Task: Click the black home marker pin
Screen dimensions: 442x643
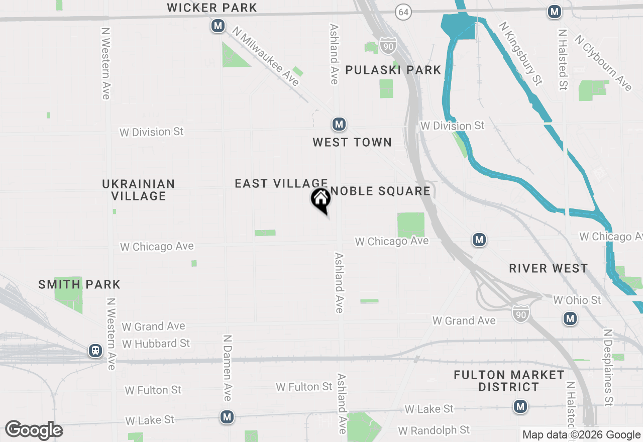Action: click(x=321, y=200)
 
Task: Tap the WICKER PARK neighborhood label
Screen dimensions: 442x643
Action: click(x=212, y=8)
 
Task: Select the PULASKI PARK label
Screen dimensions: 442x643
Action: click(x=393, y=70)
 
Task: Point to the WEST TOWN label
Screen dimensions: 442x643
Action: click(x=352, y=143)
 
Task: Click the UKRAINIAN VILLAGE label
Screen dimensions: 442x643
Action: click(x=139, y=190)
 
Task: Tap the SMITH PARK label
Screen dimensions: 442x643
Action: click(x=79, y=285)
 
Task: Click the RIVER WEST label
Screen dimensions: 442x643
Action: click(x=548, y=268)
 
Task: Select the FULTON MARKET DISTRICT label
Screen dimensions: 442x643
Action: click(x=509, y=381)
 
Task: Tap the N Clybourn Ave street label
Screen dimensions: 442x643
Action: click(x=603, y=63)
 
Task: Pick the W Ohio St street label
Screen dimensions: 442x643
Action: click(x=577, y=300)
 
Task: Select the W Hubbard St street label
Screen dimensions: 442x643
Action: click(x=156, y=344)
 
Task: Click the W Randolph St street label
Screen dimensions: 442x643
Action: click(x=434, y=430)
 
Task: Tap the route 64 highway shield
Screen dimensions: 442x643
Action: click(x=403, y=12)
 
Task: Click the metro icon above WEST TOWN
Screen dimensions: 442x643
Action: click(x=339, y=124)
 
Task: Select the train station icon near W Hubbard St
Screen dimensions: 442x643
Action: click(x=95, y=351)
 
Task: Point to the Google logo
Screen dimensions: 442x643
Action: click(x=34, y=430)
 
